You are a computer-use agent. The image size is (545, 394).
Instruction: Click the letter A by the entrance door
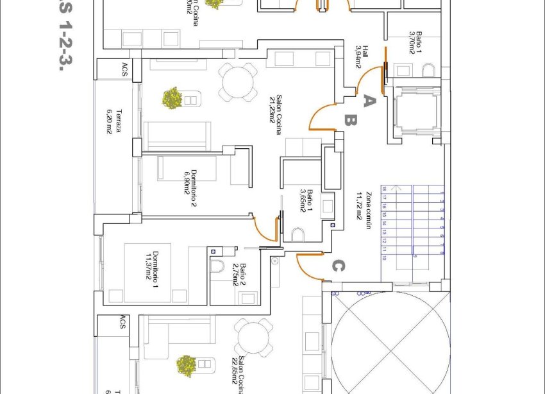(368, 100)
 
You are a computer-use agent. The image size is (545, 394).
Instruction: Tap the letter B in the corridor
(350, 120)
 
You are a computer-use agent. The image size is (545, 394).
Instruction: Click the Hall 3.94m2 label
(362, 56)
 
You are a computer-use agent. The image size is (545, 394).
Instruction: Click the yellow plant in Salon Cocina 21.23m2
(172, 98)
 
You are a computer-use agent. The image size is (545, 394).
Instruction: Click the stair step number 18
(384, 189)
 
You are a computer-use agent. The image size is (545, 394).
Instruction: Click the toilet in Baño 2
(216, 266)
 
